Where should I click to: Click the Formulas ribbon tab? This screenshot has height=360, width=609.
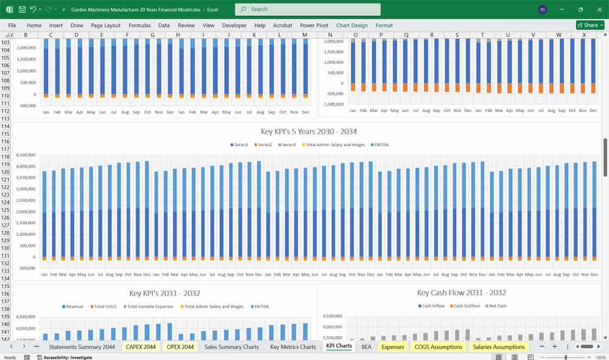tap(139, 26)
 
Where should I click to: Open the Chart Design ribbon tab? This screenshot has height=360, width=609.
tap(352, 26)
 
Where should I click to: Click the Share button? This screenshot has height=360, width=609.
tap(590, 25)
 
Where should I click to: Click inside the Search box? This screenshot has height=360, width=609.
tap(308, 9)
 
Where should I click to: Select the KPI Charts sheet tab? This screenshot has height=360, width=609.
tap(339, 347)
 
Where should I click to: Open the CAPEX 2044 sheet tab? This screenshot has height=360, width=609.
tap(141, 347)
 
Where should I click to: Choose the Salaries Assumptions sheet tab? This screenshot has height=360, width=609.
tap(498, 347)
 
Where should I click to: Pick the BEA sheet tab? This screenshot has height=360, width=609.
tap(366, 347)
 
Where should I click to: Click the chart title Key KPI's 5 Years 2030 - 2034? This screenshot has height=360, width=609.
tap(309, 132)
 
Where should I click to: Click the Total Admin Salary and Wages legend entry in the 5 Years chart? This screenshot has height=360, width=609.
tap(331, 144)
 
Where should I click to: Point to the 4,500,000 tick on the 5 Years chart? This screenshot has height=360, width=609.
tap(27, 155)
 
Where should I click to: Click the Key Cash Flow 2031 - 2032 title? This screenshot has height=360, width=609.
tap(462, 293)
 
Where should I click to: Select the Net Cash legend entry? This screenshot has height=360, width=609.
tap(498, 306)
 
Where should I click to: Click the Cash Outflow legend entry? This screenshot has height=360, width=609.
tap(466, 306)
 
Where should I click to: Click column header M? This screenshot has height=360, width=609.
tap(304, 35)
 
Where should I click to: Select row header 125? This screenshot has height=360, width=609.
tap(6, 211)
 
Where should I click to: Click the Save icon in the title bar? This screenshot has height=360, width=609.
tap(22, 10)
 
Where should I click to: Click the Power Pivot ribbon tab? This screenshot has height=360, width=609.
tap(314, 26)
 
